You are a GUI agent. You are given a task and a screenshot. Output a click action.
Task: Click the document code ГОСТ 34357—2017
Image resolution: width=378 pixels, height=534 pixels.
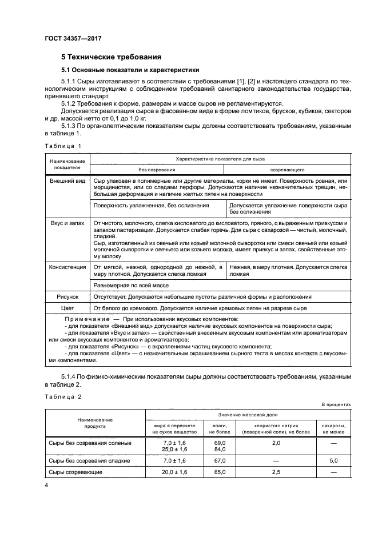click(69, 39)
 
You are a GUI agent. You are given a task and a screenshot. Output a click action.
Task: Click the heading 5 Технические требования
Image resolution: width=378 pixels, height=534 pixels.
click(111, 57)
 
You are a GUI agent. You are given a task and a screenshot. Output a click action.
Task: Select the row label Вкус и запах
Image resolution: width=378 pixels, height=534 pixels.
click(67, 222)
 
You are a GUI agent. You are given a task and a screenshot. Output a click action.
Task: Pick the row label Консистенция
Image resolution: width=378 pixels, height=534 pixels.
click(67, 267)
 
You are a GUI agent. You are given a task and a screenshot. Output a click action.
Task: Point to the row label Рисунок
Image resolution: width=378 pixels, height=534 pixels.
click(67, 297)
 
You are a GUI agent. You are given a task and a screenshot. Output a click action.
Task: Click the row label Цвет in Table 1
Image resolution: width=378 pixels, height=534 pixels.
click(67, 309)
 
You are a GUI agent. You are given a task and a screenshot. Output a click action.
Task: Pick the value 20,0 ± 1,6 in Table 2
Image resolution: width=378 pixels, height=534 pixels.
click(175, 473)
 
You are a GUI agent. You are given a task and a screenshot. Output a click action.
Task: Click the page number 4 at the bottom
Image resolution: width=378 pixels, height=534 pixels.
click(46, 485)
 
